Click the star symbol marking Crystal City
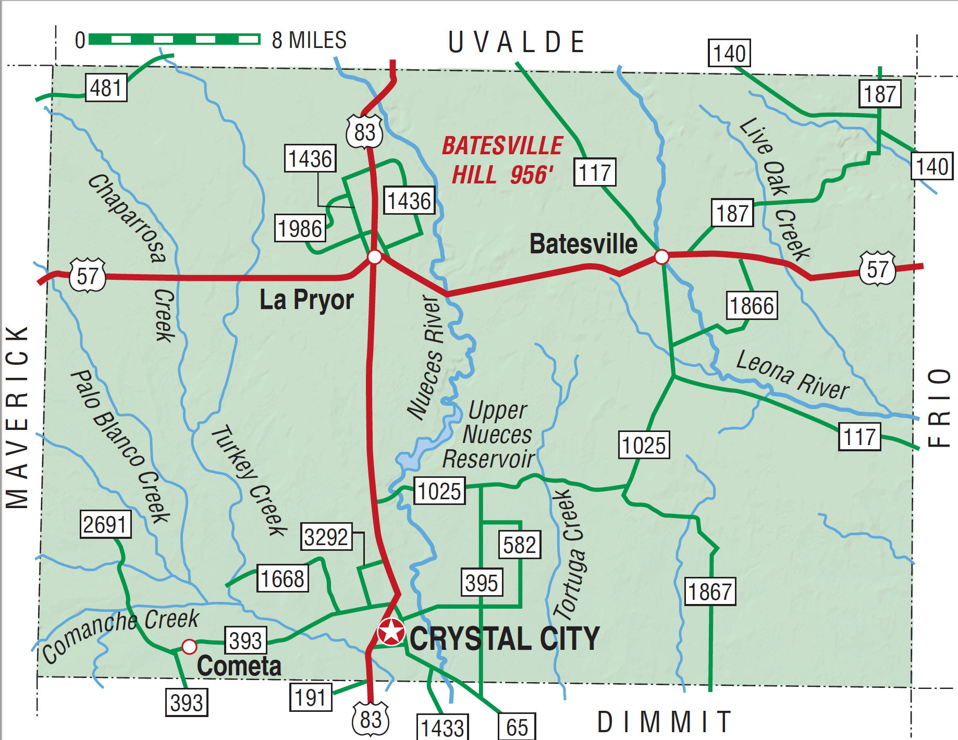pyautogui.click(x=391, y=632)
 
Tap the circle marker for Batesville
pyautogui.click(x=661, y=256)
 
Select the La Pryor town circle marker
pyautogui.click(x=374, y=257)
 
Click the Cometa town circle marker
pyautogui.click(x=189, y=647)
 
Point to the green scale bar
pyautogui.click(x=174, y=39)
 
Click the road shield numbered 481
pyautogui.click(x=106, y=88)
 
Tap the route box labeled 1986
pyautogui.click(x=300, y=228)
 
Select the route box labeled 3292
pyautogui.click(x=326, y=537)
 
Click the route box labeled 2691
pyautogui.click(x=105, y=524)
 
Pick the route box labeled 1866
pyautogui.click(x=752, y=305)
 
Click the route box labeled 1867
pyautogui.click(x=710, y=591)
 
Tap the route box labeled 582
pyautogui.click(x=520, y=545)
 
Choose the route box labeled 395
pyautogui.click(x=482, y=582)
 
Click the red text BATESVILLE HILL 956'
pyautogui.click(x=502, y=160)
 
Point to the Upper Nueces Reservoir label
pyautogui.click(x=490, y=435)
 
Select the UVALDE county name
pyautogui.click(x=516, y=42)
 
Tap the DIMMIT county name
pyautogui.click(x=664, y=722)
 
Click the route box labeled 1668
pyautogui.click(x=283, y=578)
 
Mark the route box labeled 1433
pyautogui.click(x=443, y=727)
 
